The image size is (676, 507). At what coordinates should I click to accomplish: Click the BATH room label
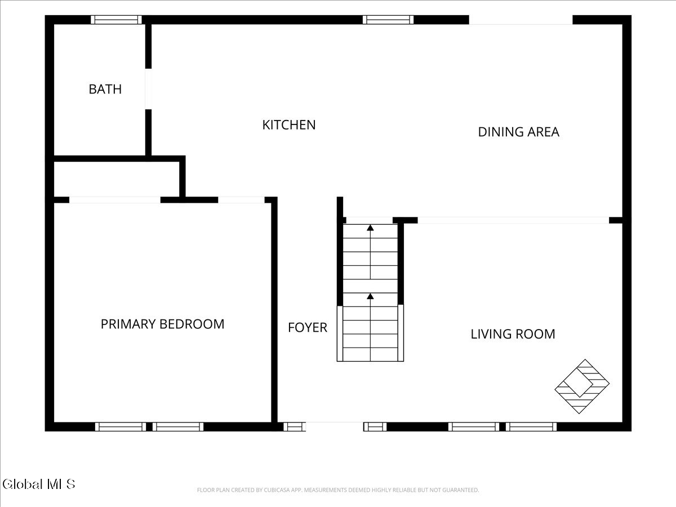click(x=105, y=89)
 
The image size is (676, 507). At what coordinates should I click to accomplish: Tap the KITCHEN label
click(x=289, y=125)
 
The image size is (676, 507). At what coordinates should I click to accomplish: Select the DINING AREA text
click(x=519, y=132)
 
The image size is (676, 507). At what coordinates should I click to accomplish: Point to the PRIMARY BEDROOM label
click(x=163, y=324)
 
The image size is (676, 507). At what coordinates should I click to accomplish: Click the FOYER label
click(x=308, y=327)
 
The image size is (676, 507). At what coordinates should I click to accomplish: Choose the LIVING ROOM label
click(x=513, y=334)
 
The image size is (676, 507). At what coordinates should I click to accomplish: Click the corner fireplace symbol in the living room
click(x=582, y=386)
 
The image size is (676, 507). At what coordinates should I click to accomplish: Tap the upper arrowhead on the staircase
click(x=370, y=228)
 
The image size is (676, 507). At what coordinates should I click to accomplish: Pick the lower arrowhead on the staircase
click(x=370, y=296)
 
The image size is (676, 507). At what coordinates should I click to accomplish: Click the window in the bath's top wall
click(x=116, y=20)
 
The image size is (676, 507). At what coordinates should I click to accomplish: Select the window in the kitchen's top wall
click(x=388, y=20)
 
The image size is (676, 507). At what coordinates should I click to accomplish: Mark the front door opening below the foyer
click(x=335, y=426)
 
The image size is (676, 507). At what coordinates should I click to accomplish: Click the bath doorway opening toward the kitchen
click(x=149, y=88)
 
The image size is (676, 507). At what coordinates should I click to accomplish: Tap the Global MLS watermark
click(x=39, y=484)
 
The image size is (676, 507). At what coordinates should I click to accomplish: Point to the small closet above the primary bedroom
click(x=117, y=179)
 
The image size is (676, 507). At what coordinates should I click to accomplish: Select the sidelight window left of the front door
click(x=295, y=426)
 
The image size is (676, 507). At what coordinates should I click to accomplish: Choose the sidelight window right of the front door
click(x=375, y=426)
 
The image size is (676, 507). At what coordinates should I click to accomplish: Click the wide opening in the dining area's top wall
click(x=521, y=20)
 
